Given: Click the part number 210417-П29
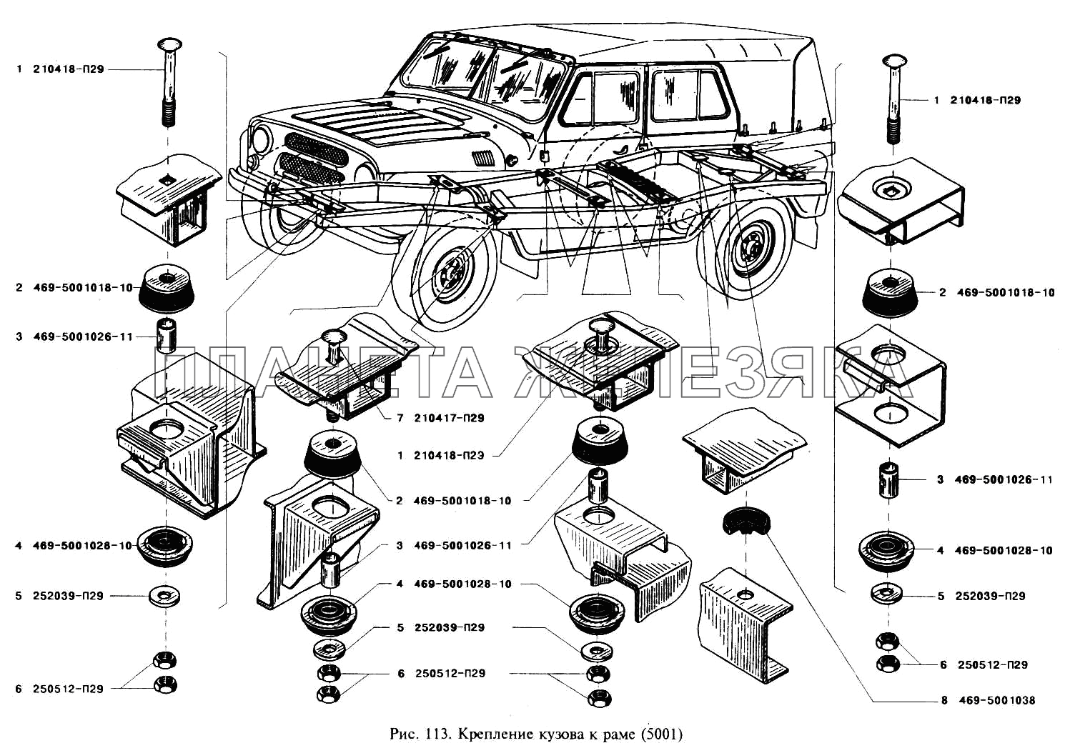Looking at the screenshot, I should point(449,418).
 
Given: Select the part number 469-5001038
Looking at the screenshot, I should point(998,700).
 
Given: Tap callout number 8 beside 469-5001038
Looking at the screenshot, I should point(944,700).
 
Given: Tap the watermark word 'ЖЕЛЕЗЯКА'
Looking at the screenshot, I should point(715,373).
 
